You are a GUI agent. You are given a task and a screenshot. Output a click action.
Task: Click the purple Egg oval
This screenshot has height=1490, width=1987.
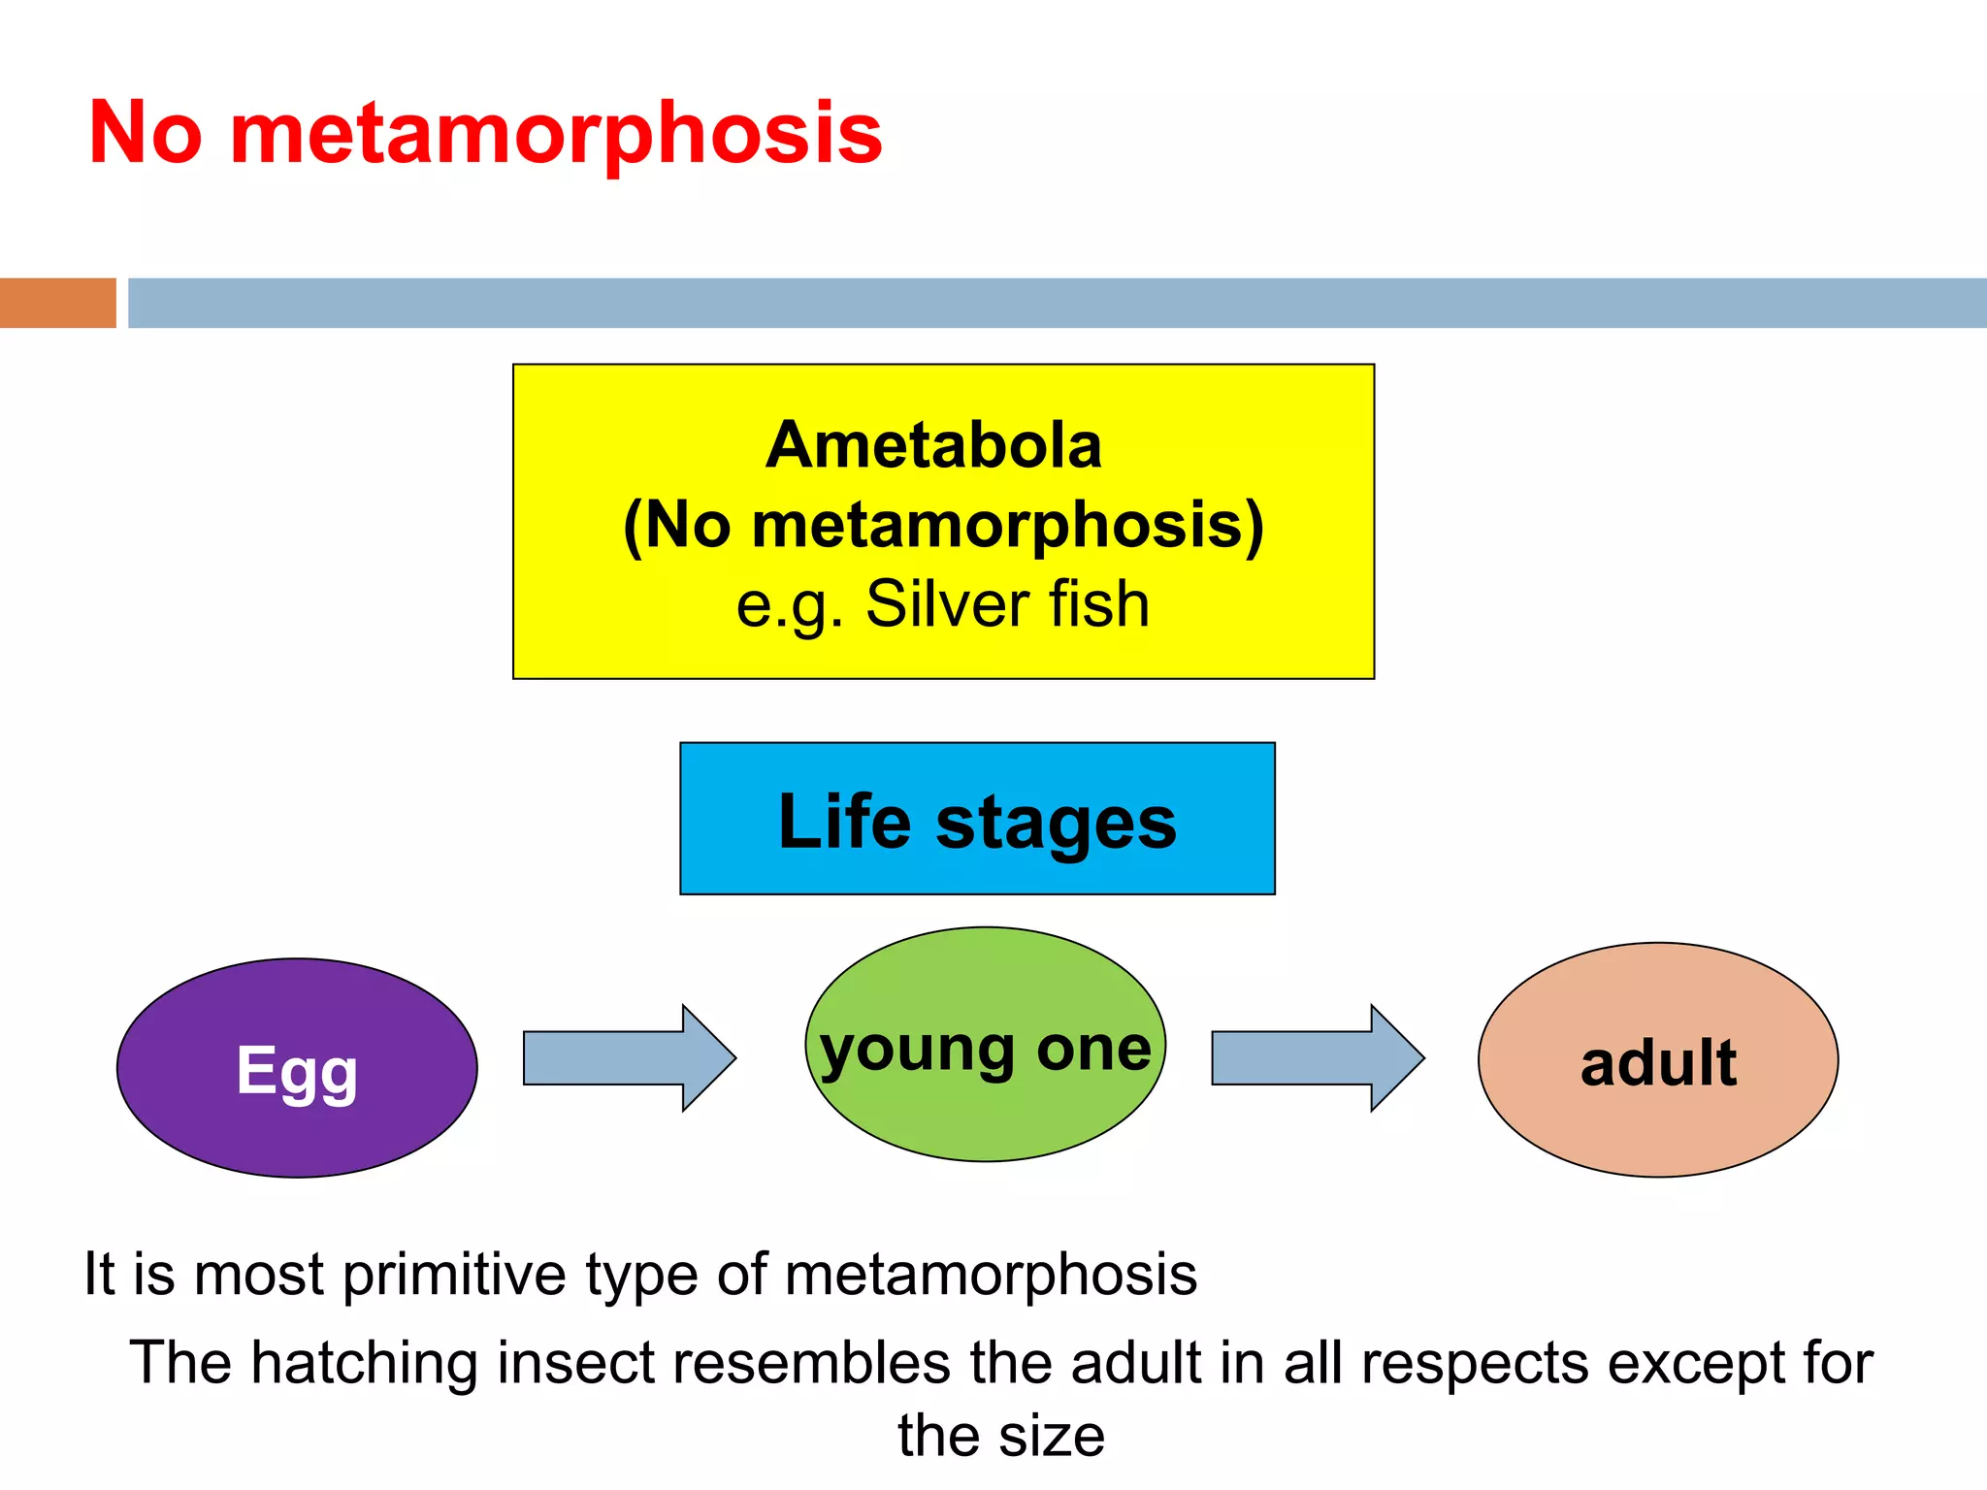pos(297,1068)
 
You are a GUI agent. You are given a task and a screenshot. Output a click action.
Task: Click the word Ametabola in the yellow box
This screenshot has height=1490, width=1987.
pos(933,446)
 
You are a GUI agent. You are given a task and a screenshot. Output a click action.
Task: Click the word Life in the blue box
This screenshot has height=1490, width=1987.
pos(843,822)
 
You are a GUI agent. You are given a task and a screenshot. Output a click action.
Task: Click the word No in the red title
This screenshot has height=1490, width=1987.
pos(146,133)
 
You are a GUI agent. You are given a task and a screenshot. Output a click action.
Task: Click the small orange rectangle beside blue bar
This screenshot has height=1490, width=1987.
pos(57,303)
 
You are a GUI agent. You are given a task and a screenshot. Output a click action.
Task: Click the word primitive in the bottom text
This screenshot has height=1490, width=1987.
pos(454,1275)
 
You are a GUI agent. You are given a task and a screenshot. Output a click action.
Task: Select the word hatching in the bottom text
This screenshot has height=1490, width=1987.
pos(364,1363)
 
